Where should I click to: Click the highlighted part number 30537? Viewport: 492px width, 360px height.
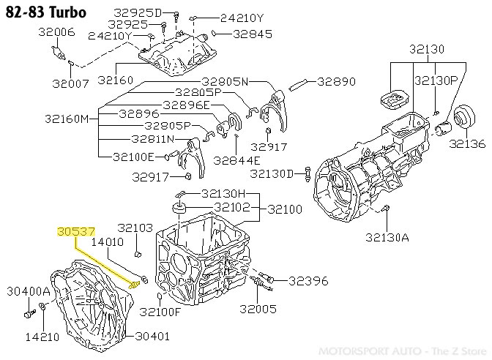coord(75,232)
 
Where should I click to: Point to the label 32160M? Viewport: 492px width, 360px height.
coord(73,118)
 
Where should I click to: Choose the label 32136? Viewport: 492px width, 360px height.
coord(466,143)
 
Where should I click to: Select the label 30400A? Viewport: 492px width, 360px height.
coord(28,290)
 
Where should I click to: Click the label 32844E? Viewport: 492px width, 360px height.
coord(236,160)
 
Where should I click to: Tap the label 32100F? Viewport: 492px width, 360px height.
coord(159,312)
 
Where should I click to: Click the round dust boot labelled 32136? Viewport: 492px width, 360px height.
coord(463,119)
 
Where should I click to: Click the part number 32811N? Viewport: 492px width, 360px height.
coord(152,138)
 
